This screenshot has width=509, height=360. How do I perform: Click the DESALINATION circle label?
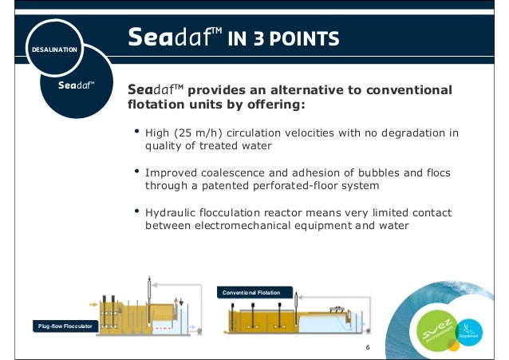(53, 49)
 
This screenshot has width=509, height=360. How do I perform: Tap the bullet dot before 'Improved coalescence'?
(136, 171)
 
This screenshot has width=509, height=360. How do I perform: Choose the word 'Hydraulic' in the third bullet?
(170, 213)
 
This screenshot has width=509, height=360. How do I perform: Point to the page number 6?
(368, 349)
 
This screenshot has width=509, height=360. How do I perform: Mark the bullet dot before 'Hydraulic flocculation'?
(136, 212)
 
